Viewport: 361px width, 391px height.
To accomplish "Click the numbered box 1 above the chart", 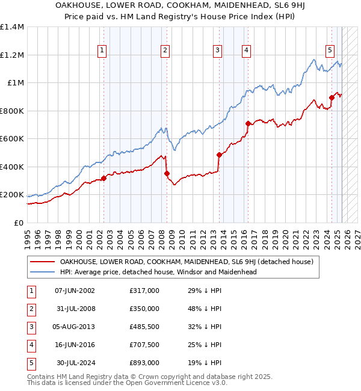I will click(x=103, y=51).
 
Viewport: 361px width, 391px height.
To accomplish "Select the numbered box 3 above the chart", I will click(x=217, y=51).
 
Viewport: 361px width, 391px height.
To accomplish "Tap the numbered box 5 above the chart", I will click(x=330, y=51).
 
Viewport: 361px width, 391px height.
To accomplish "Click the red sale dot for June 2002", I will click(x=103, y=178).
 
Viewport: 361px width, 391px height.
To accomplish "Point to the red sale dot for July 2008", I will click(x=167, y=174).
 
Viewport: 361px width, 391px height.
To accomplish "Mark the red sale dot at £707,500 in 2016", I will click(x=248, y=124).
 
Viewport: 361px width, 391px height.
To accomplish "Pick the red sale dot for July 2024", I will click(x=332, y=97).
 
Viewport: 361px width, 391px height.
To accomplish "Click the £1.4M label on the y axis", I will click(x=12, y=27).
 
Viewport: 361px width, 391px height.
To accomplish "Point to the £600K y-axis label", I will click(x=12, y=139).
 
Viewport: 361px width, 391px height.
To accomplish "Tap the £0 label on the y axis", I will click(x=18, y=223).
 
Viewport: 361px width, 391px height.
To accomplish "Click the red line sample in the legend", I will click(x=42, y=262).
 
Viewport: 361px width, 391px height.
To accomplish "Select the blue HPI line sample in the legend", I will click(x=42, y=272).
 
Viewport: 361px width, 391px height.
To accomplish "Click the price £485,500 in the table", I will click(x=144, y=327).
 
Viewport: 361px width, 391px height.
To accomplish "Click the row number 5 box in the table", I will click(x=30, y=363).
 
